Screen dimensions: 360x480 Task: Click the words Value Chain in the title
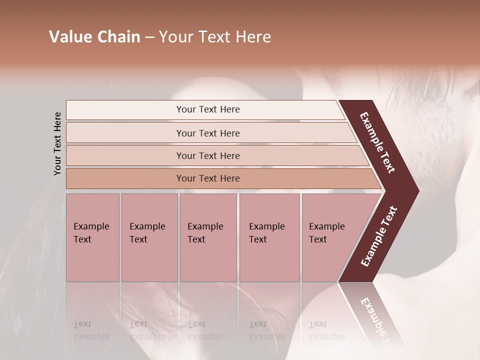[x=94, y=37]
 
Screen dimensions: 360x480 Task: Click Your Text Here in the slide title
[x=215, y=37]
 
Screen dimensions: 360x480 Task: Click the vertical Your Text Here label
[x=57, y=143]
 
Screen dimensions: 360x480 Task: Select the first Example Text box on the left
[x=92, y=237]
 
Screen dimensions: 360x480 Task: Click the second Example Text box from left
[x=149, y=237]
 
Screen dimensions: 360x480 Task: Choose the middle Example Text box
[x=208, y=237]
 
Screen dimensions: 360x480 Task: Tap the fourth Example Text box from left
[x=269, y=237]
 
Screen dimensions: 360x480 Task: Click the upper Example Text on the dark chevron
[x=377, y=142]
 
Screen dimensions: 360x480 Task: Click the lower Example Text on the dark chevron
[x=378, y=236]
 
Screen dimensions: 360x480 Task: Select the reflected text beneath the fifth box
[x=326, y=330]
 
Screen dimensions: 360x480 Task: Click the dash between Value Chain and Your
[x=149, y=37]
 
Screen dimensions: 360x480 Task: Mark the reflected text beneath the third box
[x=205, y=330]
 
